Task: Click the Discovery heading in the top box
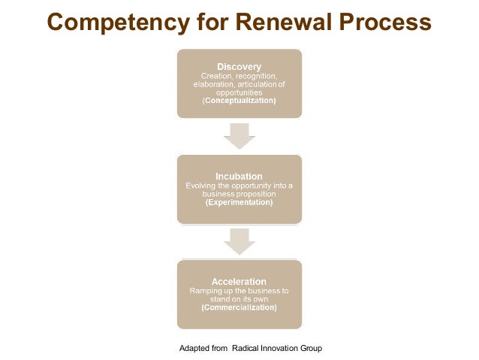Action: pyautogui.click(x=239, y=66)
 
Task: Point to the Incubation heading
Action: pyautogui.click(x=239, y=177)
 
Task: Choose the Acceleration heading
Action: pyautogui.click(x=239, y=282)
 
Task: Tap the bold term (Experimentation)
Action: pyautogui.click(x=239, y=203)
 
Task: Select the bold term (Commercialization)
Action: pyautogui.click(x=239, y=307)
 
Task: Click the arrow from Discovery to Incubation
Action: pyautogui.click(x=239, y=136)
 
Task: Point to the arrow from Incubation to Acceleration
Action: pyautogui.click(x=239, y=241)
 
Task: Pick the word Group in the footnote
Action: pyautogui.click(x=310, y=349)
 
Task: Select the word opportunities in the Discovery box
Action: pyautogui.click(x=239, y=92)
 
